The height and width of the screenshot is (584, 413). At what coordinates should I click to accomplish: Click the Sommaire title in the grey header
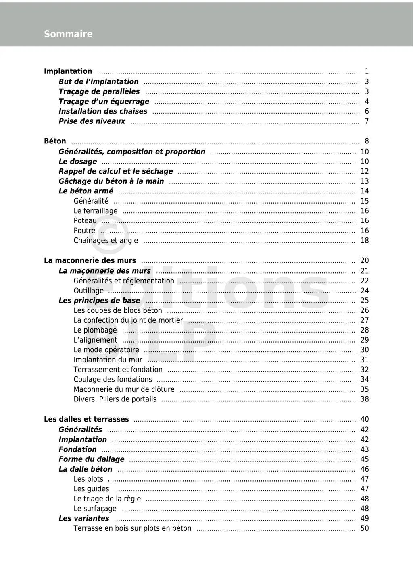[x=68, y=34]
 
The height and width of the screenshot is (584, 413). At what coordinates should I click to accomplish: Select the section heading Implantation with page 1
[x=68, y=71]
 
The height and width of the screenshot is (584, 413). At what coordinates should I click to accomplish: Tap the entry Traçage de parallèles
[x=99, y=91]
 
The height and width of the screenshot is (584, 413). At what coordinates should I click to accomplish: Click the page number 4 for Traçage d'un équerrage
[x=366, y=102]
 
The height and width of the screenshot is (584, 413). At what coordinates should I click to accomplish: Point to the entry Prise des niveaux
[x=92, y=121]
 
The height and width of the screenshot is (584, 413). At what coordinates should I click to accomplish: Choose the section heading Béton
[x=55, y=141]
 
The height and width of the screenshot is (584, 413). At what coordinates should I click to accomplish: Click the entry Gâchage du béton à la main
[x=111, y=181]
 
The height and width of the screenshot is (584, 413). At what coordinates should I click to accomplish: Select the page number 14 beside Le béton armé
[x=364, y=191]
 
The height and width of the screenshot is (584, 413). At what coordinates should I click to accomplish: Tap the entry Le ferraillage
[x=95, y=211]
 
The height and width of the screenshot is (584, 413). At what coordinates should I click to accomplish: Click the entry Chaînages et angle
[x=105, y=241]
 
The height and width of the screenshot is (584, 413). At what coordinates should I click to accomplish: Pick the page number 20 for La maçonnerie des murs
[x=364, y=261]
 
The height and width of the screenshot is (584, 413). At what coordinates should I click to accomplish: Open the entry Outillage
[x=88, y=291]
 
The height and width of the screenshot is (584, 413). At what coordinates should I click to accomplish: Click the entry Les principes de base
[x=99, y=301]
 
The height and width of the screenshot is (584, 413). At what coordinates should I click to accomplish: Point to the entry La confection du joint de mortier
[x=128, y=320]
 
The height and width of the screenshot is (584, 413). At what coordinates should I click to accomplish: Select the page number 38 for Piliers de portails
[x=364, y=399]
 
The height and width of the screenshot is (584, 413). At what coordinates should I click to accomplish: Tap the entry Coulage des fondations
[x=113, y=380]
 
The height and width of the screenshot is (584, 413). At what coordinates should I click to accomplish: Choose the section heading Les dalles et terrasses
[x=86, y=420]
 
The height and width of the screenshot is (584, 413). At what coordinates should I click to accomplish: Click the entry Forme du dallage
[x=91, y=459]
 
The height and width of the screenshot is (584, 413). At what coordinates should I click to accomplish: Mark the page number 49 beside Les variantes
[x=364, y=519]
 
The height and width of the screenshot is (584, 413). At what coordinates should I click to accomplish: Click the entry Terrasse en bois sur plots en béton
[x=132, y=528]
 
